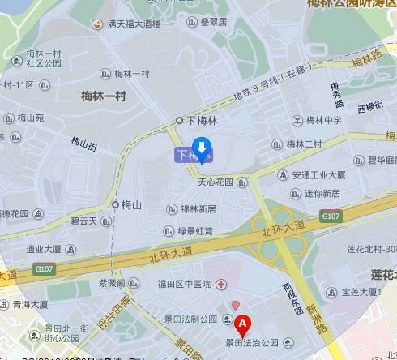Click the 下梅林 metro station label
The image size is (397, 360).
pyautogui.click(x=203, y=120)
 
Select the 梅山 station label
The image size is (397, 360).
pyautogui.click(x=131, y=204)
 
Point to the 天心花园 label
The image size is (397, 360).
pyautogui.click(x=215, y=182)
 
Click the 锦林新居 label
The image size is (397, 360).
pyautogui.click(x=198, y=208)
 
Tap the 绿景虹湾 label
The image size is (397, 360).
pyautogui.click(x=195, y=231)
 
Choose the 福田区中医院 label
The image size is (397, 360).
pyautogui.click(x=184, y=284)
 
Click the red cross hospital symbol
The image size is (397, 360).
pyautogui.click(x=220, y=284)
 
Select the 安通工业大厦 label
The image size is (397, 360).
pyautogui.click(x=318, y=174)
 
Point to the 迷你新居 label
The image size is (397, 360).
pyautogui.click(x=322, y=194)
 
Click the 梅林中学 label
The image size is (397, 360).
pyautogui.click(x=323, y=120)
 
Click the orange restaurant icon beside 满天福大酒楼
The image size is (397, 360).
pyautogui.click(x=96, y=24)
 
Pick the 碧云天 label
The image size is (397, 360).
pyautogui.click(x=84, y=221)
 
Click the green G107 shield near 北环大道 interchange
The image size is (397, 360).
pyautogui.click(x=331, y=216)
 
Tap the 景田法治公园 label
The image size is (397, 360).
pyautogui.click(x=252, y=343)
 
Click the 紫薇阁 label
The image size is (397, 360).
pyautogui.click(x=111, y=283)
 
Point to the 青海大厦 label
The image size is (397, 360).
pyautogui.click(x=30, y=305)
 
